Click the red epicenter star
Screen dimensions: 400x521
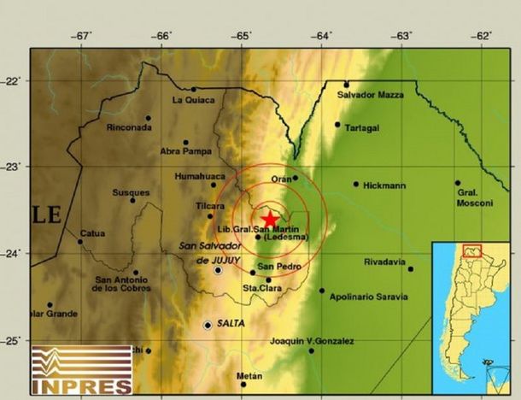tap(270, 219)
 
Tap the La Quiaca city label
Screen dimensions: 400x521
tap(190, 100)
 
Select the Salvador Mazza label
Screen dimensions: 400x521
tap(370, 95)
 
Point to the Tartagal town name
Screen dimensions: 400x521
tap(362, 128)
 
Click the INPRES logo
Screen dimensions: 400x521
tap(82, 370)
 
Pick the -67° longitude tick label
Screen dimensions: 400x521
tap(82, 36)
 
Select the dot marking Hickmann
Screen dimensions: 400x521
tap(356, 184)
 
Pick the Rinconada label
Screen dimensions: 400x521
tap(129, 128)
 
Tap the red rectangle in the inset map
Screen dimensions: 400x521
tap(471, 250)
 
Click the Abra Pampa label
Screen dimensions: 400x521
tap(185, 152)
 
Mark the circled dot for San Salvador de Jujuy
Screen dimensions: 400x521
tap(219, 270)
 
